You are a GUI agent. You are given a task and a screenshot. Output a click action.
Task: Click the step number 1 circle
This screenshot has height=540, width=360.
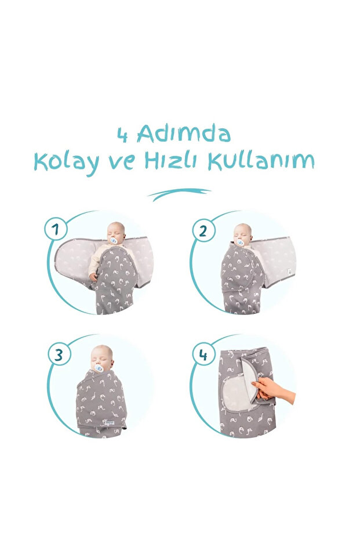click(56, 229)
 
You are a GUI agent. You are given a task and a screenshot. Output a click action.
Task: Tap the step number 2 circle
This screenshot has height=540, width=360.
click(203, 230)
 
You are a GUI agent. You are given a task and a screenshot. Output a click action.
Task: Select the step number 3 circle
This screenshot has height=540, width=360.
click(59, 354)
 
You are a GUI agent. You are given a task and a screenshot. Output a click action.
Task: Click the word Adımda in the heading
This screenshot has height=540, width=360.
click(183, 135)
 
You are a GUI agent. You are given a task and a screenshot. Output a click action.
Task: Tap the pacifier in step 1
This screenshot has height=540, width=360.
click(114, 240)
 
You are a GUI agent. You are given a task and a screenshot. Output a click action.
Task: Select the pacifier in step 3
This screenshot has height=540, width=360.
click(99, 368)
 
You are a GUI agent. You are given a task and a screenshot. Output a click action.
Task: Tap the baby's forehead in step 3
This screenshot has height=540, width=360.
click(101, 352)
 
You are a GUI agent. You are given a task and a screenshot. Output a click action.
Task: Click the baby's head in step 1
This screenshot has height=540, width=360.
click(116, 231)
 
